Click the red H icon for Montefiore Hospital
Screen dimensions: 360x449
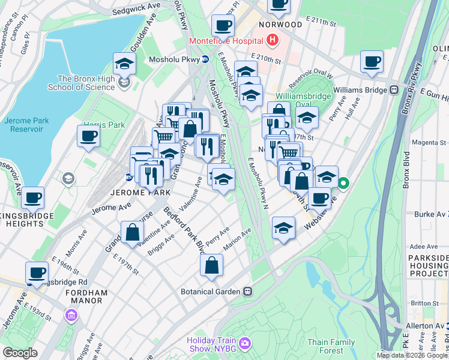pos(273,41)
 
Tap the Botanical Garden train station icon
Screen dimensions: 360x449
pos(247,291)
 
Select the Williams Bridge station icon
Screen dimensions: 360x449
pos(394,90)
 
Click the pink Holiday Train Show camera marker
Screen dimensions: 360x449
pos(244,343)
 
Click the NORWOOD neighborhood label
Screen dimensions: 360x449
pos(280,25)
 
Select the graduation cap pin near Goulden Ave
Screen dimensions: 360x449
pos(125,63)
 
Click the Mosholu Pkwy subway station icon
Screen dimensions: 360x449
pos(205,59)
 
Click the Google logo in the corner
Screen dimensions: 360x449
pos(20,352)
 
